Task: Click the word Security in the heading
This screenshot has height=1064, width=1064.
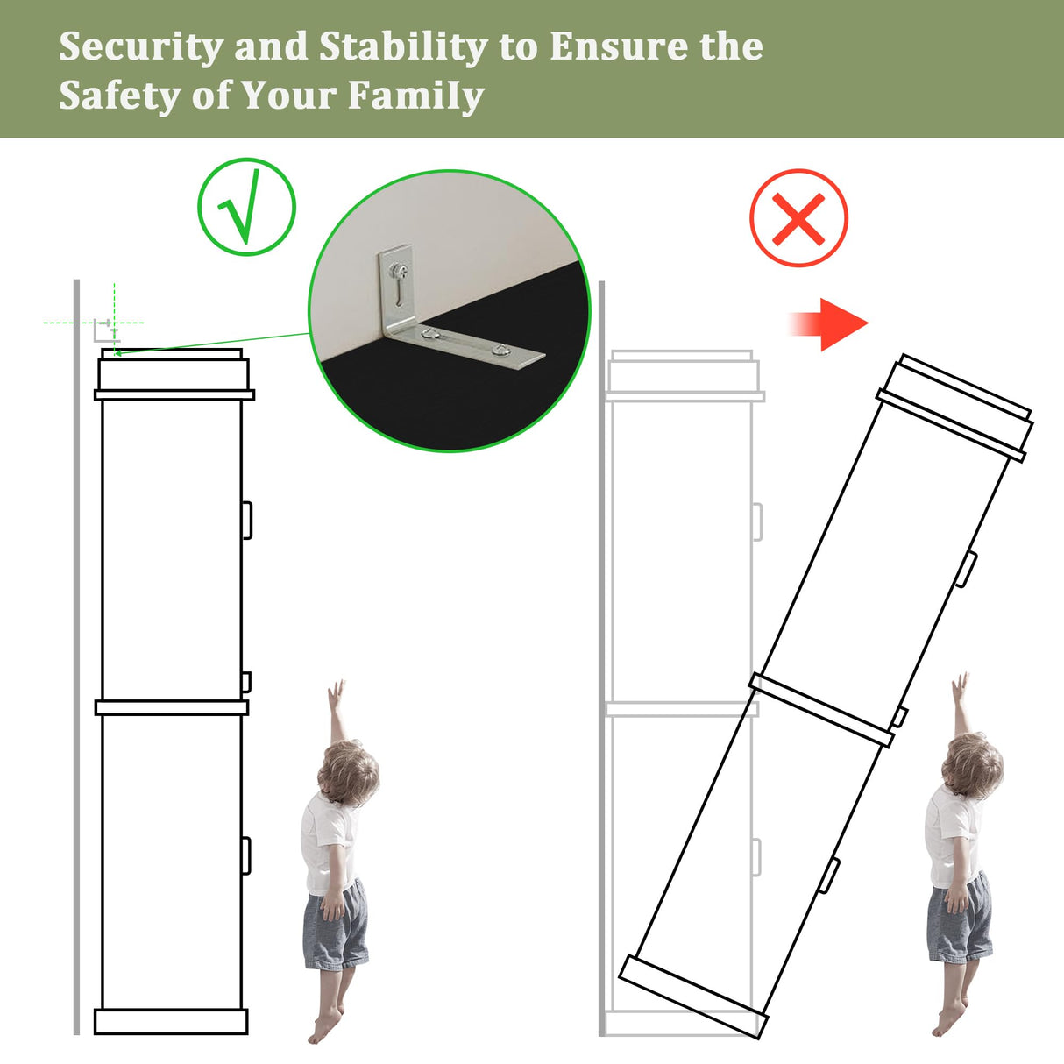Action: pos(141,48)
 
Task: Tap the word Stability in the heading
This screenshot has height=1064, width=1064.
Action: pos(402,48)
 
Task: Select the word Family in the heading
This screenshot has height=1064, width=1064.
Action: pos(415,96)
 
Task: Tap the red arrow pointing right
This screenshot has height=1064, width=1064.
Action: pos(828,324)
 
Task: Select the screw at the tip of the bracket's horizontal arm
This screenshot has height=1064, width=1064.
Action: pos(500,350)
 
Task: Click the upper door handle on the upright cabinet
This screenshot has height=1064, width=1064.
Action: pos(247,520)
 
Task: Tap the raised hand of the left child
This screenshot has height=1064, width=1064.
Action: pos(336,692)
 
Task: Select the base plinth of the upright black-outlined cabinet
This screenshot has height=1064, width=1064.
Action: pos(171,1021)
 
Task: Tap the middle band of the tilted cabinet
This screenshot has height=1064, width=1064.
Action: pos(821,710)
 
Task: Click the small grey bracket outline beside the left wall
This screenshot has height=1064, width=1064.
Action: pos(106,330)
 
